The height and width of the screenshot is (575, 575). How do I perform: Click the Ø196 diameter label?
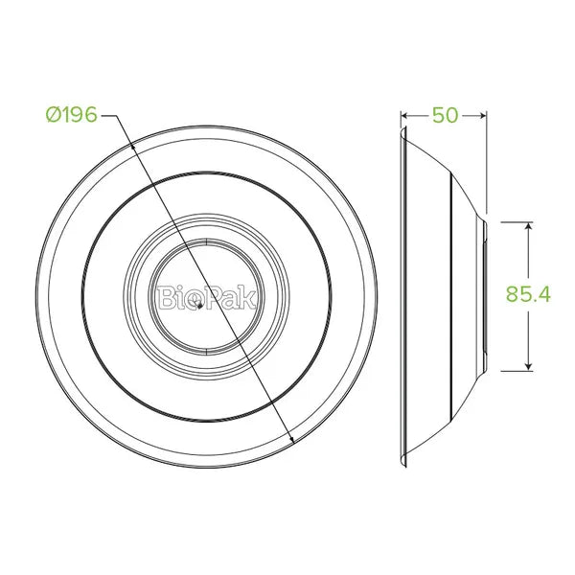[x=72, y=114]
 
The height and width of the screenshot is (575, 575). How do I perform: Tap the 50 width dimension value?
[x=446, y=115]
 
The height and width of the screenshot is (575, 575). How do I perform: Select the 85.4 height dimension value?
[x=528, y=294]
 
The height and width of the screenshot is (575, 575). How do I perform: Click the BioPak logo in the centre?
[x=206, y=297]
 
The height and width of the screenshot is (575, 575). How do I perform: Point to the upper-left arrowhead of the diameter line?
[x=133, y=146]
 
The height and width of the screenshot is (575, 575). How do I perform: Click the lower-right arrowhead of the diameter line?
[x=292, y=440]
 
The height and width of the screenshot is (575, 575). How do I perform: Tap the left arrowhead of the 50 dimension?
[x=404, y=116]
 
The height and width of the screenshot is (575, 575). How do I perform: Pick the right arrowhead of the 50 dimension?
[x=483, y=116]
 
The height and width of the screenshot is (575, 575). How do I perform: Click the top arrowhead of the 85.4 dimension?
[x=528, y=226]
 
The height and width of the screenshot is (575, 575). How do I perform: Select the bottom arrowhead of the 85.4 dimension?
[x=528, y=366]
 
